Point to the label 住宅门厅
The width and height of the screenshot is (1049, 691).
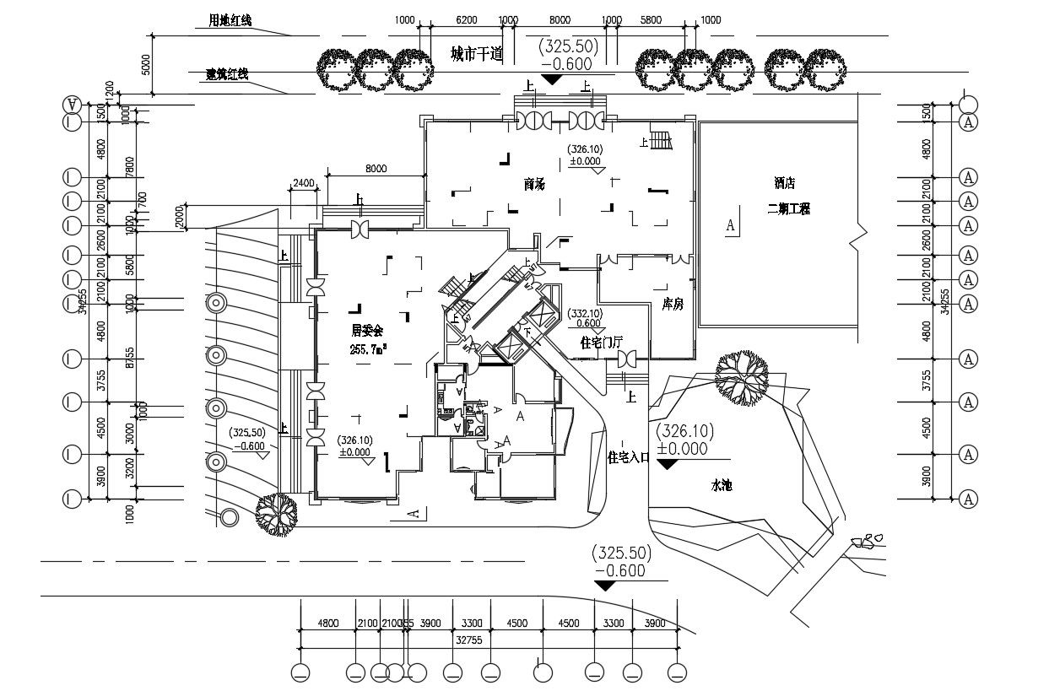(602, 343)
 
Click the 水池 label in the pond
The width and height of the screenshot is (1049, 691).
(722, 486)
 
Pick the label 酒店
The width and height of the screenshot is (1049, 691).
(785, 183)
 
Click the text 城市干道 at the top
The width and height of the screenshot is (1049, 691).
(476, 55)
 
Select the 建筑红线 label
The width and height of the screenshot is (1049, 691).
(226, 75)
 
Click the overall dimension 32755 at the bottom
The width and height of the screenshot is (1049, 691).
(469, 640)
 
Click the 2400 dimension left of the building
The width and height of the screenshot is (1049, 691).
(303, 182)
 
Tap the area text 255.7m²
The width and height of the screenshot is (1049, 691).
(368, 348)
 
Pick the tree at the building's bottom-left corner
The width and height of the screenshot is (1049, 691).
(277, 513)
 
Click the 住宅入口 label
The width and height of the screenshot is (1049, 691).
(629, 457)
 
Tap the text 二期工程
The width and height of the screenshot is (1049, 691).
(788, 209)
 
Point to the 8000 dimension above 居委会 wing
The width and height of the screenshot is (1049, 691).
(376, 169)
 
